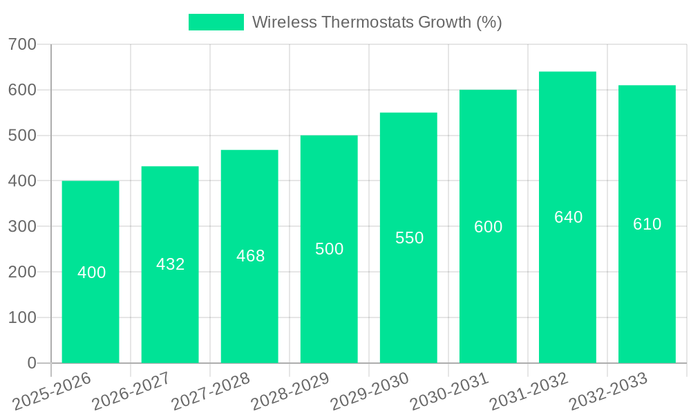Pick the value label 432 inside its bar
[x=171, y=264]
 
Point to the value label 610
[x=647, y=224]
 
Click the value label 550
[x=409, y=238]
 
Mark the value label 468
[x=250, y=256]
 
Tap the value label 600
[x=488, y=227]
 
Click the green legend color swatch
[x=216, y=22]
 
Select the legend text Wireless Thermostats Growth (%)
[x=377, y=22]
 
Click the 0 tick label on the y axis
[x=32, y=363]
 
